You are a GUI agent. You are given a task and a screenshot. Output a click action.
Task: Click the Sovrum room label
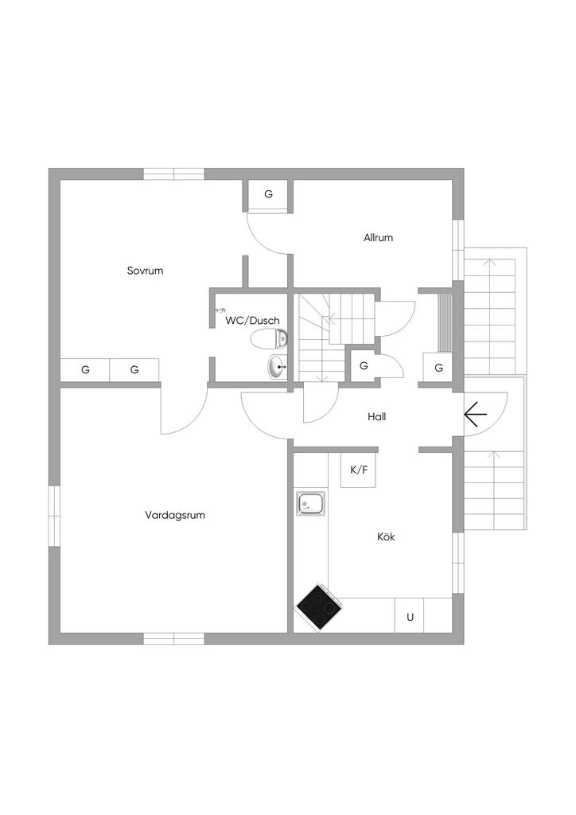145,271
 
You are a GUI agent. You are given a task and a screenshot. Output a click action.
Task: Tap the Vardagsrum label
175,515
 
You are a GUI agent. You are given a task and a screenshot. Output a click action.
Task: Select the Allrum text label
378,237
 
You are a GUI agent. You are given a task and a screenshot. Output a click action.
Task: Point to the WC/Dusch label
252,321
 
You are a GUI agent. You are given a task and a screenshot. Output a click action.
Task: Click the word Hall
376,416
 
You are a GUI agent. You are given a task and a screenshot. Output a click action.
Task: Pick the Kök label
386,536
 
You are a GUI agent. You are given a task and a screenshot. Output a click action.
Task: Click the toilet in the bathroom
269,339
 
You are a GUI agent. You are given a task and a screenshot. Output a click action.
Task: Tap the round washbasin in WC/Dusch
278,366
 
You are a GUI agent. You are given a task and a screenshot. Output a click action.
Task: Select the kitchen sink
311,504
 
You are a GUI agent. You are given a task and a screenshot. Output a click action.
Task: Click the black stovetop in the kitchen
319,608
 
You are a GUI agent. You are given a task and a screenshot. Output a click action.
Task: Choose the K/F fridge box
358,470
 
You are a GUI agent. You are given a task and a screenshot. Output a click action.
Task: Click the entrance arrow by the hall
475,415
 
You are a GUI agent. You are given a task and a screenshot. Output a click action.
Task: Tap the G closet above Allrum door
269,195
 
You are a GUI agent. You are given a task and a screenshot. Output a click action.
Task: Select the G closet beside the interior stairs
364,366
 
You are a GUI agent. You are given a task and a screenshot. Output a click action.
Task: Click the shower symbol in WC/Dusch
220,310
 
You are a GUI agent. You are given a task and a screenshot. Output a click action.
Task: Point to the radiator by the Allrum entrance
445,323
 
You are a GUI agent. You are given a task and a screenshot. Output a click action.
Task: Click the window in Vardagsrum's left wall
55,516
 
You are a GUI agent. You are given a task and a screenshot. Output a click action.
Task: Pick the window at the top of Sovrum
174,174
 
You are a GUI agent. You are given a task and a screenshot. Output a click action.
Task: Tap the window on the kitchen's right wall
457,563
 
